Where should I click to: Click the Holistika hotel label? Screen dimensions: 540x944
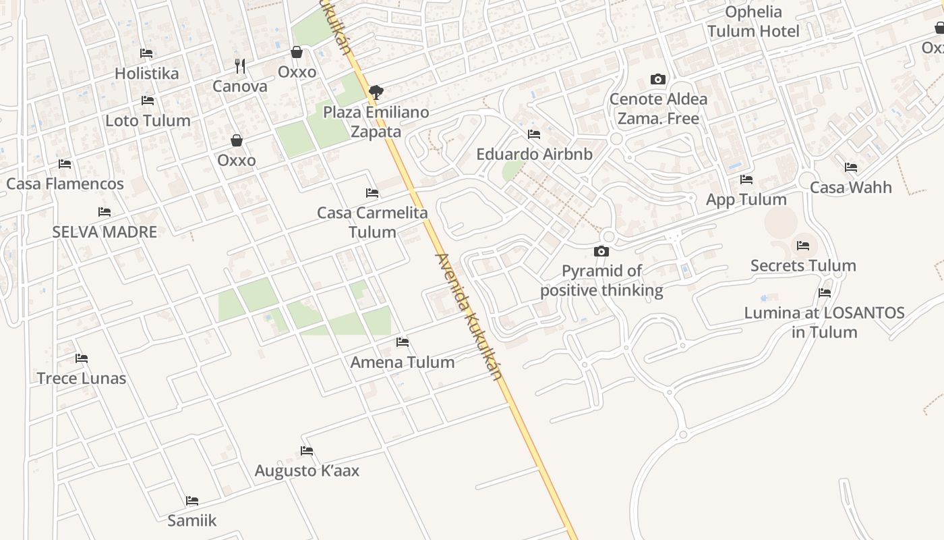(x=146, y=74)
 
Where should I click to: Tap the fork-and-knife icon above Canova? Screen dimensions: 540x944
(x=239, y=66)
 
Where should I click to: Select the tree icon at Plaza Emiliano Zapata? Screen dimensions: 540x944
(x=376, y=92)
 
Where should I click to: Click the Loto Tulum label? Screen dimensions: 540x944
(x=148, y=121)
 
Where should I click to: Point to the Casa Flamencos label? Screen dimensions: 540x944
(x=65, y=184)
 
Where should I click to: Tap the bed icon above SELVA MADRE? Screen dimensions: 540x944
(x=104, y=212)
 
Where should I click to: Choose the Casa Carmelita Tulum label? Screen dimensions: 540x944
(x=372, y=222)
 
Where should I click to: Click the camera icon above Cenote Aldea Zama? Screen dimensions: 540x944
(x=658, y=80)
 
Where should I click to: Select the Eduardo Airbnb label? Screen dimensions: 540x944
(x=534, y=154)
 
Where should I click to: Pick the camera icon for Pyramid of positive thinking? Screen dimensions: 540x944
(x=601, y=252)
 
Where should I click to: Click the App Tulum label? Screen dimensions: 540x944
(x=746, y=200)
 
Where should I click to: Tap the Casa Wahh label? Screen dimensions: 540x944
(x=850, y=188)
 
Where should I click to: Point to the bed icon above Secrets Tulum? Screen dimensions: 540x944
(x=802, y=246)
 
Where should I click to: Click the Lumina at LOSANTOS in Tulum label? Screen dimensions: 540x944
(x=824, y=323)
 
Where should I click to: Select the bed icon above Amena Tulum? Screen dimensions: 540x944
(x=403, y=342)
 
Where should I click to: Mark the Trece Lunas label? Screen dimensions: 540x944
(x=82, y=378)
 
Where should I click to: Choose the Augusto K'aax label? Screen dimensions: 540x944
(x=307, y=470)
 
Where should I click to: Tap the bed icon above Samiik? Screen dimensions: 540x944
(x=192, y=501)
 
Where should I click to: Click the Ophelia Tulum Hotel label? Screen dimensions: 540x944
(x=753, y=22)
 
